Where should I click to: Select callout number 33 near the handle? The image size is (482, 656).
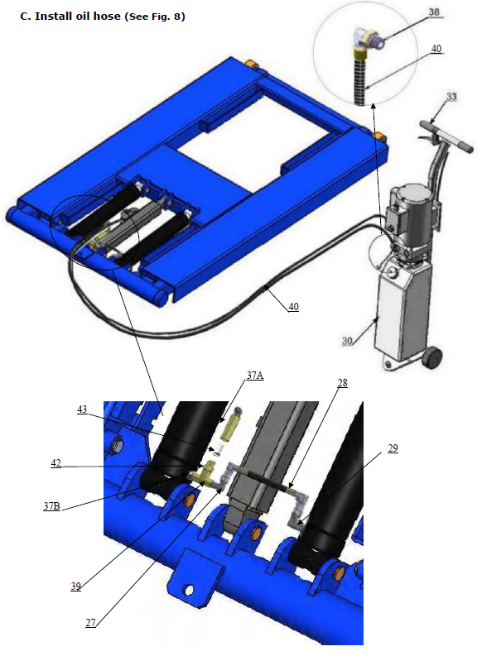pyautogui.click(x=451, y=97)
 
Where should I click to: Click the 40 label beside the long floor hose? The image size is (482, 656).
pyautogui.click(x=293, y=307)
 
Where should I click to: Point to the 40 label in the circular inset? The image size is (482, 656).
pyautogui.click(x=436, y=49)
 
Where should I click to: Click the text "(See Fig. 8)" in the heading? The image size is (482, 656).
pyautogui.click(x=154, y=16)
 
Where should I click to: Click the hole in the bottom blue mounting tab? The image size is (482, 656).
pyautogui.click(x=190, y=591)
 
